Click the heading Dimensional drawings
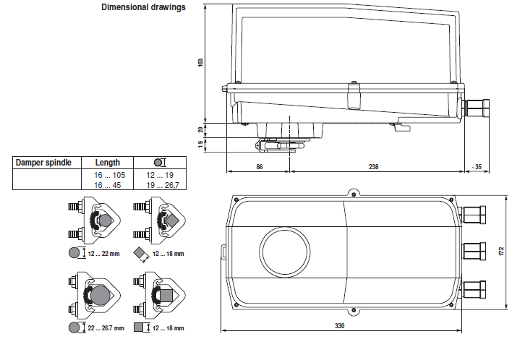143,8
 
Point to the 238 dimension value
373,166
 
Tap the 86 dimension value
259,166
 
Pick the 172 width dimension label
501,251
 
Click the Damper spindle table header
44,163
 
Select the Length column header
108,163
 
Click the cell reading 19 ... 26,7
161,184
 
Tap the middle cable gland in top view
475,250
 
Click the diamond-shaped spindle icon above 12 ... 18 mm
141,254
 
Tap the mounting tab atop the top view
352,193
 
